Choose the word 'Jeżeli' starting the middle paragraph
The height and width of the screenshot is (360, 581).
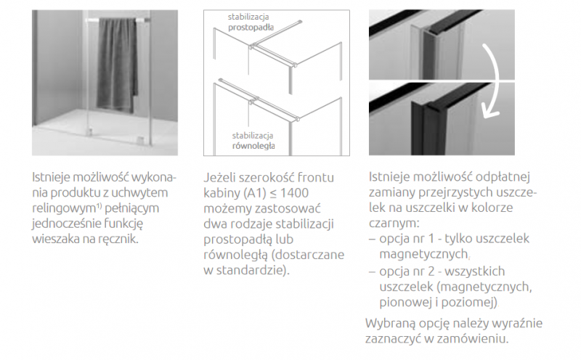(x=224, y=176)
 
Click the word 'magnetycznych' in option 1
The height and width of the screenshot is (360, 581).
(x=426, y=255)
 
